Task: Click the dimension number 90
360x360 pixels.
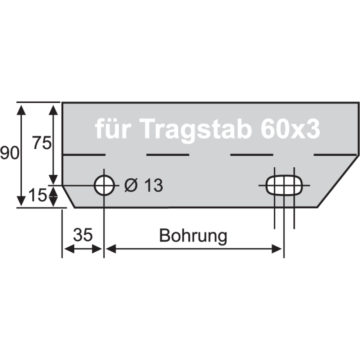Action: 10,153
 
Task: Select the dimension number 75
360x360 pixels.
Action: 42,143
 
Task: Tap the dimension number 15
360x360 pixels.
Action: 37,195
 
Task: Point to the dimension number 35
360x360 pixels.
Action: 83,235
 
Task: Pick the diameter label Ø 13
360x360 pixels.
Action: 144,185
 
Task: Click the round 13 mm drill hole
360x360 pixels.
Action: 104,185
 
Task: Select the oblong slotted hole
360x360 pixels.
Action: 284,185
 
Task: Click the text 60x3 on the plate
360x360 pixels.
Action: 290,129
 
